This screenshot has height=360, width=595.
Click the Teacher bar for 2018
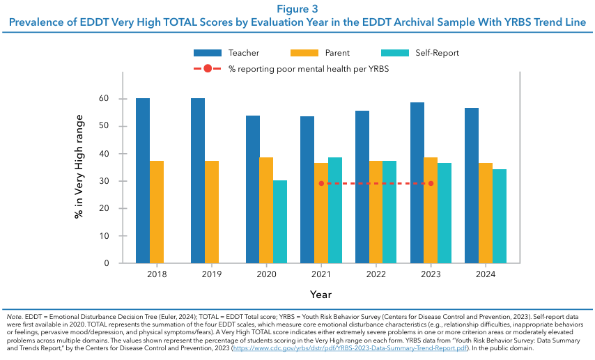click(x=143, y=181)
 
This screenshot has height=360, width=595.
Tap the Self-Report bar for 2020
click(x=279, y=221)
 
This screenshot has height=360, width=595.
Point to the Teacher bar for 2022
click(x=362, y=187)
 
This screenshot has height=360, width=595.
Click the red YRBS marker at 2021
click(x=321, y=183)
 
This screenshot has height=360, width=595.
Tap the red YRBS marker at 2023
click(x=431, y=183)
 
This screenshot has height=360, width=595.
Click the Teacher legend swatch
click(x=206, y=53)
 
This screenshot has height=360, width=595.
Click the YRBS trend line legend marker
click(x=207, y=69)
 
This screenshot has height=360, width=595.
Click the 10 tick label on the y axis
click(x=104, y=236)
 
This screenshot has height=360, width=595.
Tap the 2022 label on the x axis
click(x=376, y=275)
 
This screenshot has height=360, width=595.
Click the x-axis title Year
click(x=320, y=294)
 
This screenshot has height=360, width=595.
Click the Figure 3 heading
click(x=297, y=9)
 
